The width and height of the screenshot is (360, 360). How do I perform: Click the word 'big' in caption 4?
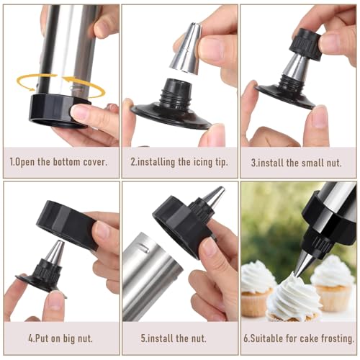pos(70,338)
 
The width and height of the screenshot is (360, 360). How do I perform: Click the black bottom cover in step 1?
pos(58,110)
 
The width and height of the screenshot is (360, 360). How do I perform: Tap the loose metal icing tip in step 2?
pos(185,48)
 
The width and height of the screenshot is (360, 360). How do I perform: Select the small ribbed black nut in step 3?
pos(305,44)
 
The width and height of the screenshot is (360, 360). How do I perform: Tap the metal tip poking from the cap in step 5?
pos(215,197)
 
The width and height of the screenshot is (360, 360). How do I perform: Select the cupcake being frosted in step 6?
pos(294,299)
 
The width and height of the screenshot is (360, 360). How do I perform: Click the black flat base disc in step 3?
pos(285,96)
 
